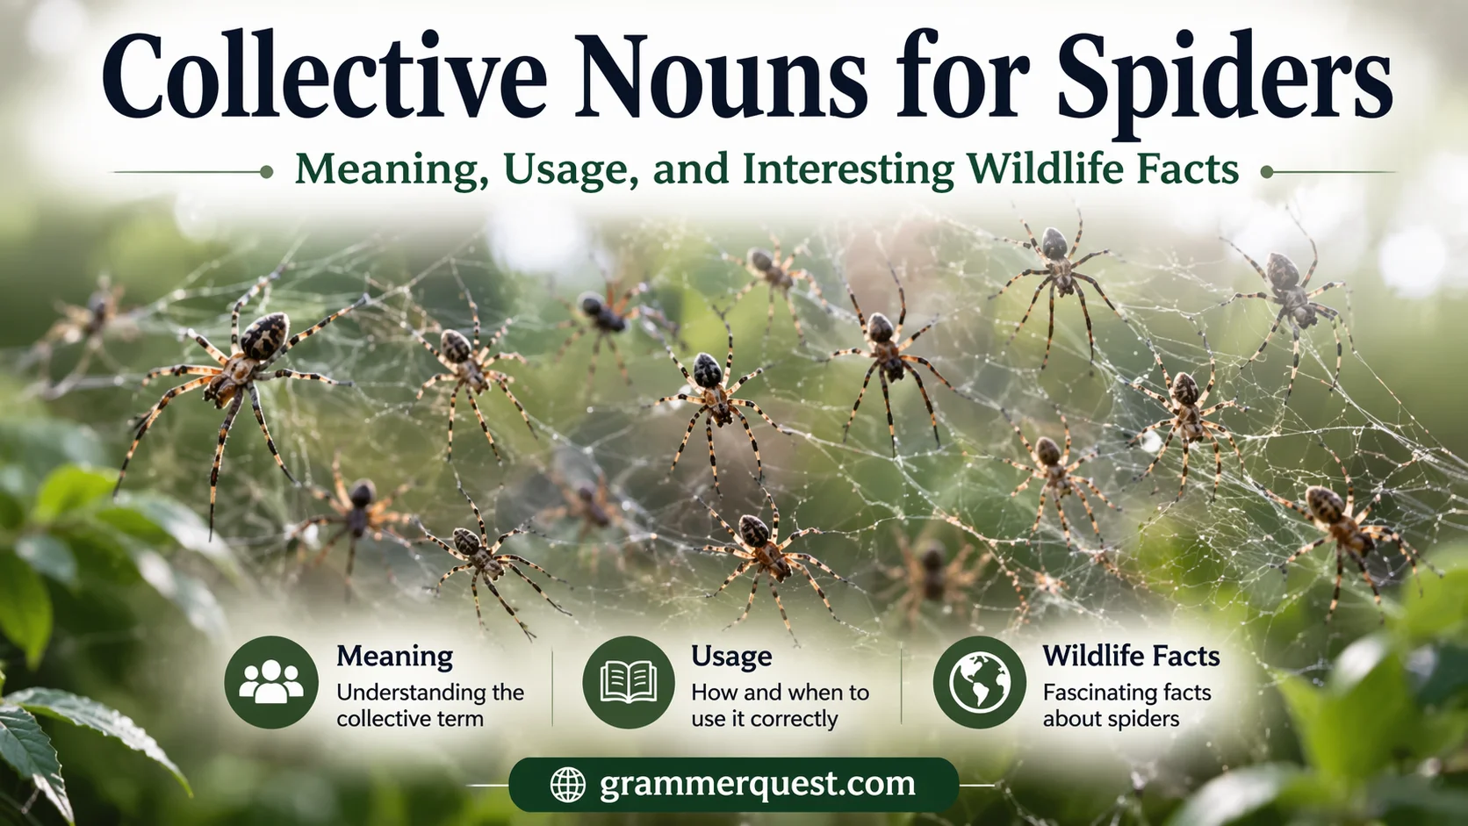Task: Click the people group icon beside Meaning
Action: coord(271,682)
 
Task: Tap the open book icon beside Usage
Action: coord(629,682)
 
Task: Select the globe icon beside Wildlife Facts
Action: coord(979,682)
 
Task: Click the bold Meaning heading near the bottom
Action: coord(394,656)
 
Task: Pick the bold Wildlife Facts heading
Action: coord(1131,656)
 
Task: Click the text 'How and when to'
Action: coord(780,693)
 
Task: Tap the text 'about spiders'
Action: coord(1111,719)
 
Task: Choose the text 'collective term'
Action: coord(410,719)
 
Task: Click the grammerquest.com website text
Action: coord(757,783)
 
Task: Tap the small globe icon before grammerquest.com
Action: coord(567,784)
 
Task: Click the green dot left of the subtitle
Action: coord(266,172)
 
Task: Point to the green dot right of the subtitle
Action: coord(1267,172)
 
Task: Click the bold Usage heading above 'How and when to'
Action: coord(731,656)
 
